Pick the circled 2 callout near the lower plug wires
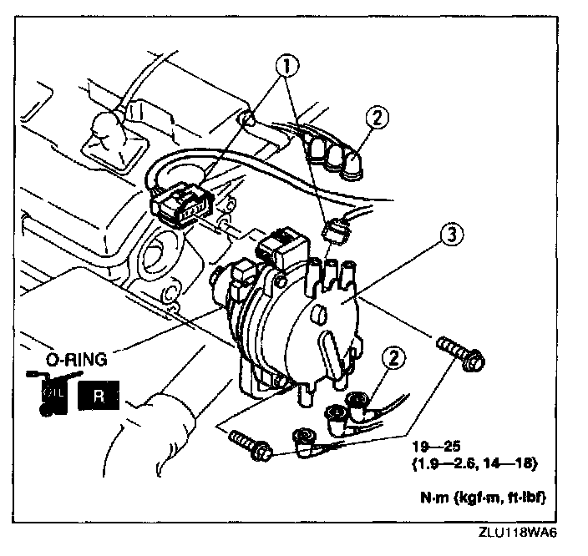click(x=393, y=361)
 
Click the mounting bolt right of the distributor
click(x=461, y=354)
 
